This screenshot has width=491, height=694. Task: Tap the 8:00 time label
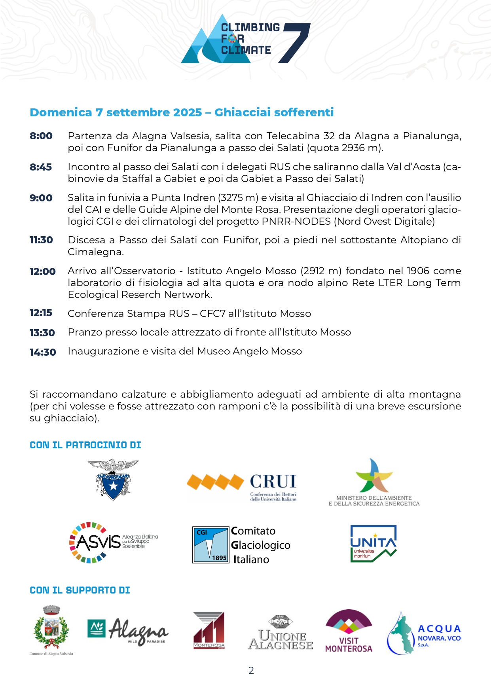[x=41, y=136]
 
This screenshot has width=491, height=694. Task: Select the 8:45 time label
[x=41, y=167]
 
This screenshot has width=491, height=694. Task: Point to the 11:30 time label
[x=41, y=240]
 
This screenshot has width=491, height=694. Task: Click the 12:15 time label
[x=41, y=313]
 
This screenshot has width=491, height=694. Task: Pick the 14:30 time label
[x=43, y=352]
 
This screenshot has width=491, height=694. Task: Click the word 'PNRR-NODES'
[x=296, y=222]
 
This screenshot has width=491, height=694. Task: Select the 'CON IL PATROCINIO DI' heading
[x=85, y=445]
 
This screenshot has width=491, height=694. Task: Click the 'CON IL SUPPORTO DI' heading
[x=80, y=590]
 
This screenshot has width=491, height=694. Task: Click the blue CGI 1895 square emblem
[x=210, y=545]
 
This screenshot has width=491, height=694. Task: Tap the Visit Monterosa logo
[x=349, y=631]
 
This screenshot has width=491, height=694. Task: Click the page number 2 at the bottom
[x=251, y=670]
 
